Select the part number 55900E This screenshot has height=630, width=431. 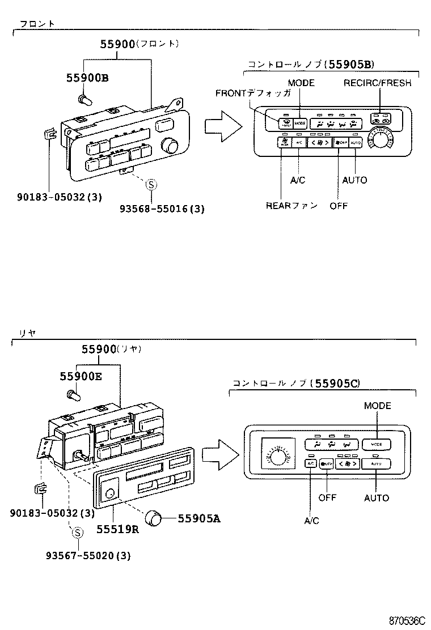(x=81, y=376)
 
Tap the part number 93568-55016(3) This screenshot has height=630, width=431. (x=162, y=208)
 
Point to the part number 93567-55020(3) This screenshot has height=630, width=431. (x=88, y=556)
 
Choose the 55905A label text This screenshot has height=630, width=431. (x=198, y=517)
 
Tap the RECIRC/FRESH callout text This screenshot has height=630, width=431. (x=377, y=83)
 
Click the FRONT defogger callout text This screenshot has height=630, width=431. (x=253, y=93)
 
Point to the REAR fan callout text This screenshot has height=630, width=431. (x=291, y=206)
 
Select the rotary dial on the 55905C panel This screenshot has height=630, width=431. (x=277, y=454)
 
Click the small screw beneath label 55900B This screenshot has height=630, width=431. (x=86, y=100)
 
